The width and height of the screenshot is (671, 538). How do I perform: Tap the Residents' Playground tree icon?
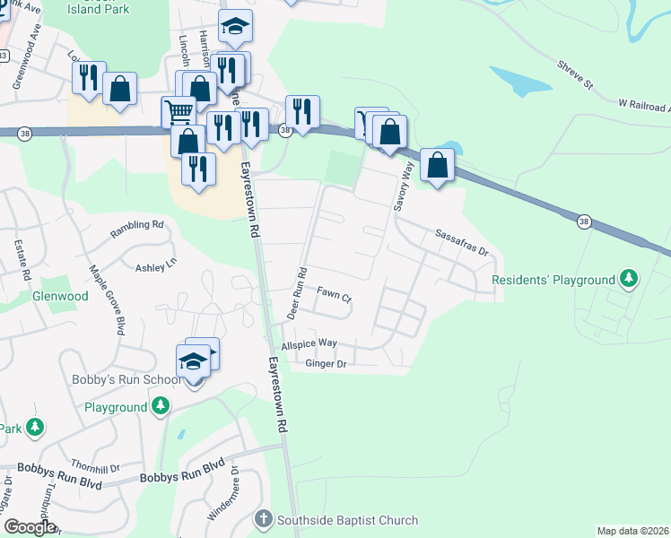(x=630, y=280)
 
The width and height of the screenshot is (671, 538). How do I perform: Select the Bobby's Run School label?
(x=126, y=380)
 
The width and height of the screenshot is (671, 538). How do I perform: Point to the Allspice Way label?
(x=309, y=343)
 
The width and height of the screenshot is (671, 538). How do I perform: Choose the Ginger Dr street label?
(x=325, y=363)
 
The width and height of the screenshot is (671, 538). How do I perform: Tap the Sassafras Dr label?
(x=460, y=242)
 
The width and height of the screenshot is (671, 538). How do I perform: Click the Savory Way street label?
(x=402, y=187)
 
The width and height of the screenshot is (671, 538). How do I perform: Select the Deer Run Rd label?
(x=297, y=293)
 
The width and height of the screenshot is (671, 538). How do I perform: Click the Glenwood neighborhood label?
(x=60, y=296)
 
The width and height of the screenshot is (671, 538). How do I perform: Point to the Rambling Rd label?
(x=137, y=230)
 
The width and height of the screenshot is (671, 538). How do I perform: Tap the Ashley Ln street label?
(x=156, y=267)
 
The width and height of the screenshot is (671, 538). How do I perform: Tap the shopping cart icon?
(x=178, y=111)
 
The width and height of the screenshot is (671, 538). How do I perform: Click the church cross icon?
(x=264, y=520)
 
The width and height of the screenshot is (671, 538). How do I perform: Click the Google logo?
(x=30, y=527)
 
